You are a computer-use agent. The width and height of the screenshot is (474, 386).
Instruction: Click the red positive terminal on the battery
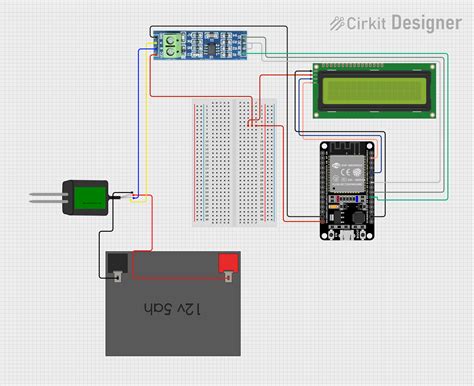point(229,264)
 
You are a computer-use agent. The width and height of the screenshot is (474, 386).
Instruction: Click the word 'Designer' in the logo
point(425,21)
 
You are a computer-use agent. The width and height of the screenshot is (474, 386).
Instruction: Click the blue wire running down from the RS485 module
point(140,120)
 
